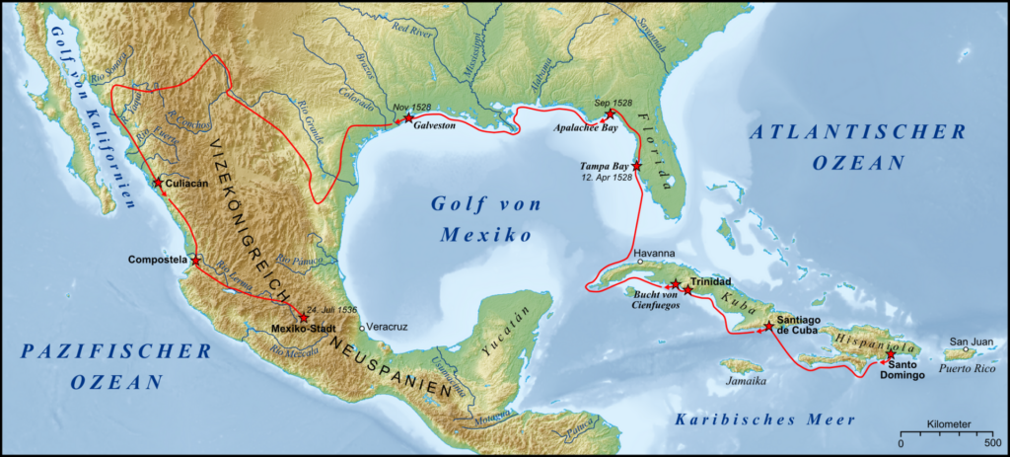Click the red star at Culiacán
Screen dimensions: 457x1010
click(x=158, y=183)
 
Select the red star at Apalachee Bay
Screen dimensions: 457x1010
click(x=610, y=114)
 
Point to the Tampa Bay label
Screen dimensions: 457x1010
click(x=605, y=167)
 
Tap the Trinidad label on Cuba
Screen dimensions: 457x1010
click(x=711, y=281)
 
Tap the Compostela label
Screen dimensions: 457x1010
click(x=158, y=260)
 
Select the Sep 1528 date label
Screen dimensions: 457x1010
click(x=613, y=102)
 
